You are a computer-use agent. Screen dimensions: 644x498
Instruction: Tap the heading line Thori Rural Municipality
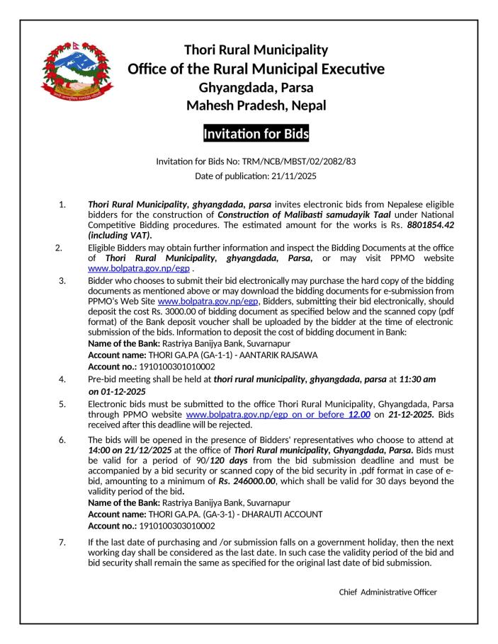point(256,50)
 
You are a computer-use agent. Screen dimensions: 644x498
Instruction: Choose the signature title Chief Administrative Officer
point(388,592)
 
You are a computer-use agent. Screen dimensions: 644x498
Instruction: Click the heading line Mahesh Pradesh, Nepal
point(256,105)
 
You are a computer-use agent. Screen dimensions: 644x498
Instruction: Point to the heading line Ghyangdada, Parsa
point(256,88)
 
